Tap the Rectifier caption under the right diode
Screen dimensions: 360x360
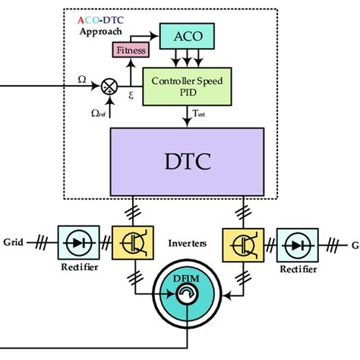[296, 269]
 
